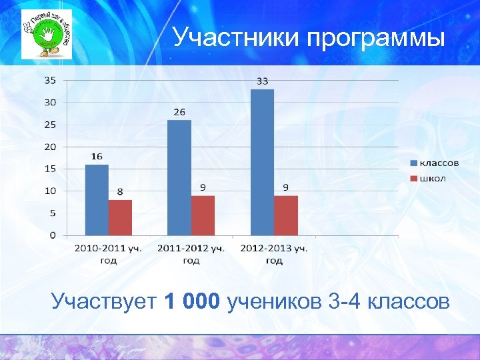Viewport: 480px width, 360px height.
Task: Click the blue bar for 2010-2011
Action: tap(97, 200)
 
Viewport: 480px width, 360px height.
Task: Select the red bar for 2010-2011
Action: tap(120, 217)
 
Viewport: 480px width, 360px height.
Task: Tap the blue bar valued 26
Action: tap(179, 177)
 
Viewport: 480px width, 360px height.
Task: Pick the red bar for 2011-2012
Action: tap(203, 215)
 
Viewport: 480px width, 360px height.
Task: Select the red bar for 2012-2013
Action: tap(285, 215)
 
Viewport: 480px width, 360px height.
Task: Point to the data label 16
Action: tap(97, 156)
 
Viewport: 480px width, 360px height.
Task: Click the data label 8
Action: tap(120, 191)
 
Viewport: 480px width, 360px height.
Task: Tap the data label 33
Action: tap(262, 81)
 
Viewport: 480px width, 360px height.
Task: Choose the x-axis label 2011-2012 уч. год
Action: tap(191, 254)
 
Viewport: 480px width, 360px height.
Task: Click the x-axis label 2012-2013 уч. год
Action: tap(274, 254)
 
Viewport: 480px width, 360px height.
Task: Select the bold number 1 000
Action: tap(191, 302)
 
